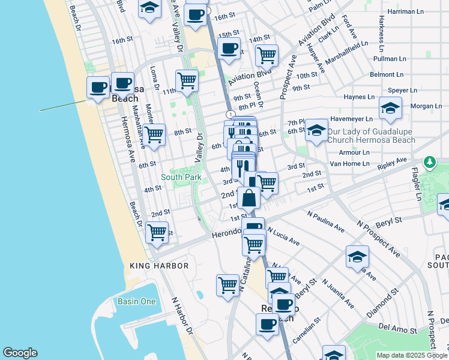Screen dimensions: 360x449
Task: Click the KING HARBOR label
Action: (160, 266)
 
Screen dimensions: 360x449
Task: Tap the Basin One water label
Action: (136, 302)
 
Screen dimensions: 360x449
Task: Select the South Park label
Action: (181, 177)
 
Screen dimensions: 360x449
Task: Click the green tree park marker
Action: (430, 162)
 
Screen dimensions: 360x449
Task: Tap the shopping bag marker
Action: (249, 197)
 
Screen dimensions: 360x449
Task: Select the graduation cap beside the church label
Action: (316, 130)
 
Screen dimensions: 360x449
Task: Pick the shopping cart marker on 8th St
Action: (155, 134)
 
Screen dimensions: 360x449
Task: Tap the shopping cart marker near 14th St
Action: (267, 55)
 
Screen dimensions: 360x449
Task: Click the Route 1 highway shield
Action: (230, 114)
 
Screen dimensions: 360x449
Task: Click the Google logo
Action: (20, 353)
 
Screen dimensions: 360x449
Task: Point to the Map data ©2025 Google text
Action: (411, 355)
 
